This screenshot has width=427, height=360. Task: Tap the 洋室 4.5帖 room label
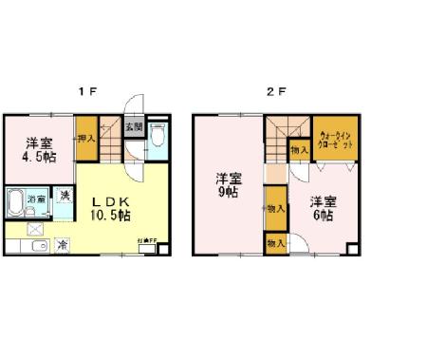[x=39, y=143]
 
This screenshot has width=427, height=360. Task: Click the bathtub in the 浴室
[x=15, y=203]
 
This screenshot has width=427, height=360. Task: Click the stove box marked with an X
[x=35, y=228]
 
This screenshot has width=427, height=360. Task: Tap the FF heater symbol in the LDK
[x=160, y=249]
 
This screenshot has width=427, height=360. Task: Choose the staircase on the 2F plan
[x=278, y=142]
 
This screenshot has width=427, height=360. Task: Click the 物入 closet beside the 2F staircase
[x=299, y=148]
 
